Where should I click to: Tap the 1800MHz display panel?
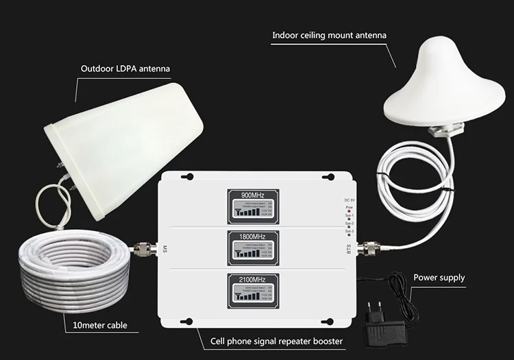[x=253, y=246]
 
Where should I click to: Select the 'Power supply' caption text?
[x=439, y=278]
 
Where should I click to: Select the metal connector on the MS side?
[x=145, y=248]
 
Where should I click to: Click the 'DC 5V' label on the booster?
[x=350, y=200]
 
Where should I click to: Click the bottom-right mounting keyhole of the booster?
[x=328, y=322]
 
